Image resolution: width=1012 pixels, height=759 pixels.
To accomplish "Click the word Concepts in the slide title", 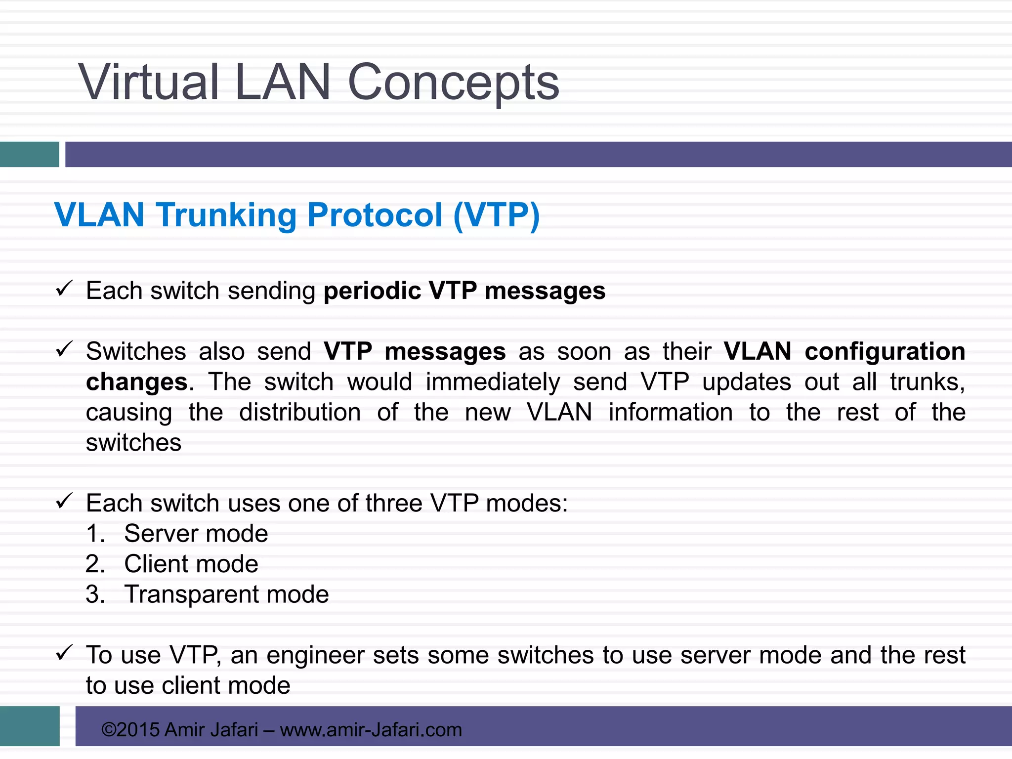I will point(453,83).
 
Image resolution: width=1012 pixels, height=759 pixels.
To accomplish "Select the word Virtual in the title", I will point(148,83).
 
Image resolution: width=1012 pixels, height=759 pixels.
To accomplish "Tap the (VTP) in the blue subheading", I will point(496,215).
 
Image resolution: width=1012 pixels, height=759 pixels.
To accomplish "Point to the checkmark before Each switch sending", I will point(64,288).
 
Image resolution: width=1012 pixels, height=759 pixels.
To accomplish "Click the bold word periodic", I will point(372,291).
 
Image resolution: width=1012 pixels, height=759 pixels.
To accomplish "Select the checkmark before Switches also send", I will point(64,349).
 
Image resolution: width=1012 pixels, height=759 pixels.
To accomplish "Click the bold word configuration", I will point(885,351).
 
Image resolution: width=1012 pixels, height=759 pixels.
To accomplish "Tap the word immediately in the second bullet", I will point(493,382).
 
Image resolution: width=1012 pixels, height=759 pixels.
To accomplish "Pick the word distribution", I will point(299,412).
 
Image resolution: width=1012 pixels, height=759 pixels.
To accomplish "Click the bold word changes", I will point(137,382).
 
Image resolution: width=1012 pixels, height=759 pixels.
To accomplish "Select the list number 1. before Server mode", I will point(95,534).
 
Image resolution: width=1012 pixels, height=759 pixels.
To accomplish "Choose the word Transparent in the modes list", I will point(190,594).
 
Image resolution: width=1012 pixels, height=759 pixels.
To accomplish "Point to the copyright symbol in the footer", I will point(109,730).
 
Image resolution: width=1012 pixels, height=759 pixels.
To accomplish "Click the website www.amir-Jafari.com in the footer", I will point(371,730).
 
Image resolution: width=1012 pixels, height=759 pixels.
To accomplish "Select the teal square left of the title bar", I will point(29,154).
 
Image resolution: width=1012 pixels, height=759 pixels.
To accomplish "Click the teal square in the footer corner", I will point(29,725).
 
